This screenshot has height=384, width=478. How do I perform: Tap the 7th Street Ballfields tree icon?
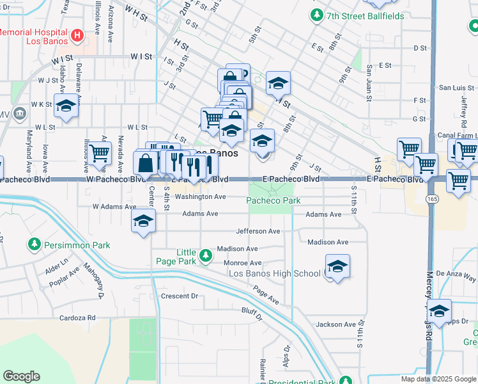[316, 14]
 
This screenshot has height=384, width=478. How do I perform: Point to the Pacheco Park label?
[274, 200]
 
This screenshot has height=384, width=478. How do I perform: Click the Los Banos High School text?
[275, 274]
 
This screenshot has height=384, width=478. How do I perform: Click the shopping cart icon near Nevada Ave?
[100, 154]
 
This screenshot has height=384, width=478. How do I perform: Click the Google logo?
[21, 376]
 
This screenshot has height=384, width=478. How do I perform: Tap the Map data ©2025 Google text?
[438, 379]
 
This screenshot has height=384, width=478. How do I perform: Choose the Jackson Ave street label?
[335, 324]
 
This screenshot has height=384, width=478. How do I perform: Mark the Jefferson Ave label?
[258, 231]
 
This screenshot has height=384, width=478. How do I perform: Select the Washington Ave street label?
[201, 197]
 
